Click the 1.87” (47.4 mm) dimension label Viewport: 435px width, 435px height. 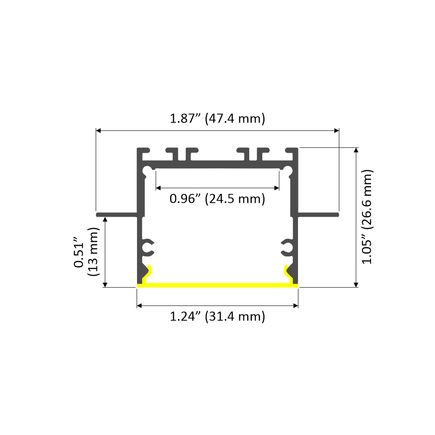click(x=217, y=118)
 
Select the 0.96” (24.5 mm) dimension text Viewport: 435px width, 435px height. click(x=217, y=199)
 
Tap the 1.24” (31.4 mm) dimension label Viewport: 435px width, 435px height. click(x=217, y=316)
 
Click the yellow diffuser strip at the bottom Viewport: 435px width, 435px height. click(x=217, y=285)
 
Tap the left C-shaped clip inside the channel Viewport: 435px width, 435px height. click(x=148, y=248)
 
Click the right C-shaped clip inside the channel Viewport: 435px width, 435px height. click(x=287, y=248)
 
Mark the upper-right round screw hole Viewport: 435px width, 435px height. click(x=287, y=170)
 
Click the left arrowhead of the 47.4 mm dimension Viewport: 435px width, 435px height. click(x=99, y=130)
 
